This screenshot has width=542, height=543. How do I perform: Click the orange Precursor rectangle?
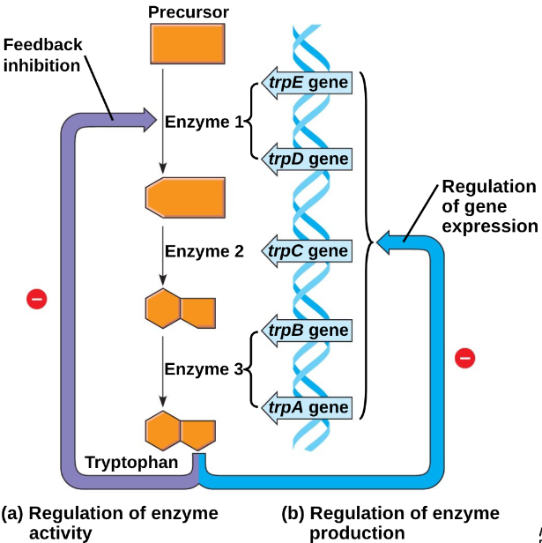coord(186,46)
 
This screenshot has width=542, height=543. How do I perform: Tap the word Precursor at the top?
coord(189,12)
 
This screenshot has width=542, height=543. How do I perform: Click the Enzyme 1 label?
coord(204,122)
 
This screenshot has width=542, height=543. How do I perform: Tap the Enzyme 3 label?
coord(204,369)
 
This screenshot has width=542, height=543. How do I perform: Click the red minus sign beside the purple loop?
coord(36,299)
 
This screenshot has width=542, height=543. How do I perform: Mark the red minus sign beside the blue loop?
coord(465,358)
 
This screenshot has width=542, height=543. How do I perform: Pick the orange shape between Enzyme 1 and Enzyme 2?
coord(186,196)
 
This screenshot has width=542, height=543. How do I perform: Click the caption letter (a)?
coord(12,513)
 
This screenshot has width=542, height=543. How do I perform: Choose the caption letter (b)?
coord(293,513)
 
